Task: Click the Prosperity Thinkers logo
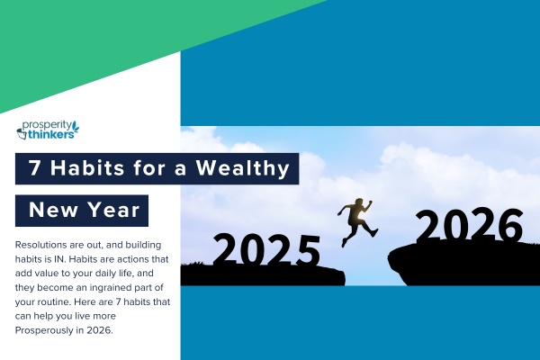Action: pyautogui.click(x=48, y=130)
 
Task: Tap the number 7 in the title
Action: pyautogui.click(x=35, y=168)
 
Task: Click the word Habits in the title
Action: pyautogui.click(x=87, y=168)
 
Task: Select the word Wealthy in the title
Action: pyautogui.click(x=243, y=169)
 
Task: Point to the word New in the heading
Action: pyautogui.click(x=53, y=210)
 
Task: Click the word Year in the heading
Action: pyautogui.click(x=113, y=210)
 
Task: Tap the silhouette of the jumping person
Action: pyautogui.click(x=357, y=221)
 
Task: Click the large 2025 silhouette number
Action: pyautogui.click(x=267, y=250)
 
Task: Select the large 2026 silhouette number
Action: pyautogui.click(x=469, y=226)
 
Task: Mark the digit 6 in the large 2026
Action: pyautogui.click(x=510, y=226)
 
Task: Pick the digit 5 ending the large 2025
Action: pyautogui.click(x=308, y=250)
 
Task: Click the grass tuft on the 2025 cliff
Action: pyautogui.click(x=193, y=264)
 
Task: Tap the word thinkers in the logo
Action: pyautogui.click(x=51, y=135)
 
